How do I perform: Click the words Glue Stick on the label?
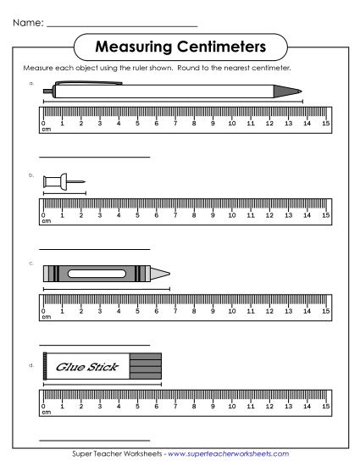pyautogui.click(x=86, y=367)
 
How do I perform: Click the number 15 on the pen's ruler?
pyautogui.click(x=325, y=123)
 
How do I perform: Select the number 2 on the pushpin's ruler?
pyautogui.click(x=81, y=215)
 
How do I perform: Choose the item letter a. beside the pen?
pyautogui.click(x=31, y=83)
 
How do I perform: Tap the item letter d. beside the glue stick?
pyautogui.click(x=31, y=365)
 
